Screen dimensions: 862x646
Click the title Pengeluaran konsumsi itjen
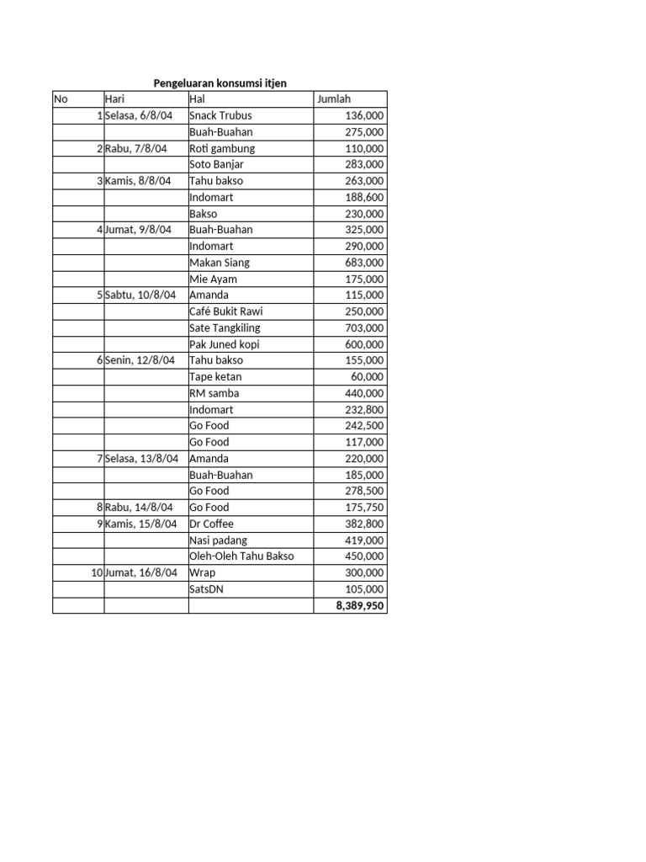tap(220, 83)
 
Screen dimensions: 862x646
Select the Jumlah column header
tap(334, 99)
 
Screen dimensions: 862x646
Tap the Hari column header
tap(114, 99)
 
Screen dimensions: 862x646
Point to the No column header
tap(61, 99)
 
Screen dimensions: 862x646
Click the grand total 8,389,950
tap(354, 605)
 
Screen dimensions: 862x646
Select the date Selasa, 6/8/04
tap(139, 115)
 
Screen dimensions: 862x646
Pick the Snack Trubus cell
tap(220, 115)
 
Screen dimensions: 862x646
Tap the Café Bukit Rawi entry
tap(226, 311)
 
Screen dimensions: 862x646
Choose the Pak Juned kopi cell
tap(225, 344)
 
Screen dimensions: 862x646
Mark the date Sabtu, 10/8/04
tap(140, 295)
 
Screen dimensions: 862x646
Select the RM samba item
tap(214, 393)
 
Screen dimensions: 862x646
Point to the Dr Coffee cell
tap(212, 524)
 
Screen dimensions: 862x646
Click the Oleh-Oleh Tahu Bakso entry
tap(242, 556)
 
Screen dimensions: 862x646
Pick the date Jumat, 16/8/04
tap(141, 572)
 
